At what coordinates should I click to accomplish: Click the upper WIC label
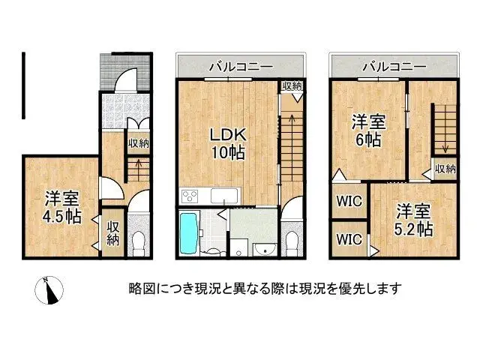[349, 202]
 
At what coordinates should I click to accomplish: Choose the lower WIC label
[349, 240]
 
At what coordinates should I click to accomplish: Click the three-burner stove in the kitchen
[190, 197]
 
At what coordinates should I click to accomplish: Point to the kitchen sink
[223, 196]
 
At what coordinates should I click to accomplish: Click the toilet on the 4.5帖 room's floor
[138, 242]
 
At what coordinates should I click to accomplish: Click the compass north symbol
[52, 289]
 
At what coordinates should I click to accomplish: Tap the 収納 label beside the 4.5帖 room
[113, 233]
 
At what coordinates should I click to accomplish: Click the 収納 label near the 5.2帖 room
[445, 169]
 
